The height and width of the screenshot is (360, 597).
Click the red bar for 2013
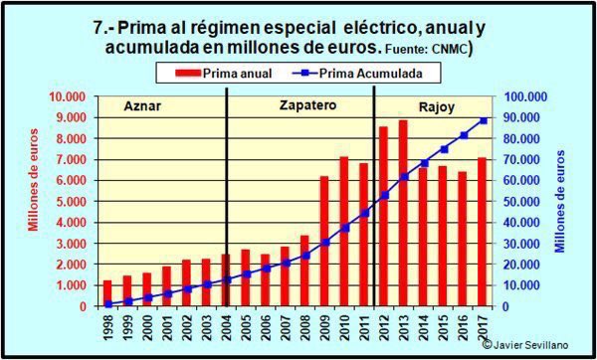coord(403,213)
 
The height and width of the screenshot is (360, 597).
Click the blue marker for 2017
coord(483,120)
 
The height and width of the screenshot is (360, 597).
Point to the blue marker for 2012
coord(383,195)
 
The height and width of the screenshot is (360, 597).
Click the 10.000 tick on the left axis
coord(71,96)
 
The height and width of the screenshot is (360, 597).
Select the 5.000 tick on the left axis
coord(74,202)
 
